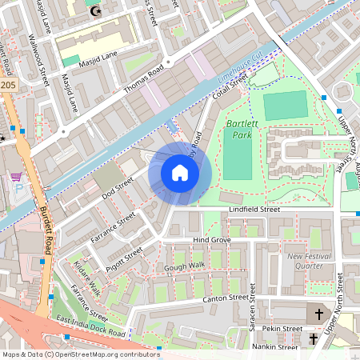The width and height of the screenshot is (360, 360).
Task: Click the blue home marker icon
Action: point(180,172)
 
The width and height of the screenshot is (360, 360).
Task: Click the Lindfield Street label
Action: point(254,210)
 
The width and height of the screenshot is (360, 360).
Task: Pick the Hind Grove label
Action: point(212,240)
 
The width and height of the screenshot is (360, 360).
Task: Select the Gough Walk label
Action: point(185,265)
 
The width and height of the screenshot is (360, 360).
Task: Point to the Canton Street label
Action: point(226,298)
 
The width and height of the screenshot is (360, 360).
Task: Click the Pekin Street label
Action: point(283,329)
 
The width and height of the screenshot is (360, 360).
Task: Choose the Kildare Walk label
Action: point(86,277)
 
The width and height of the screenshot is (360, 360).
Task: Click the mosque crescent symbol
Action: point(98,11)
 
